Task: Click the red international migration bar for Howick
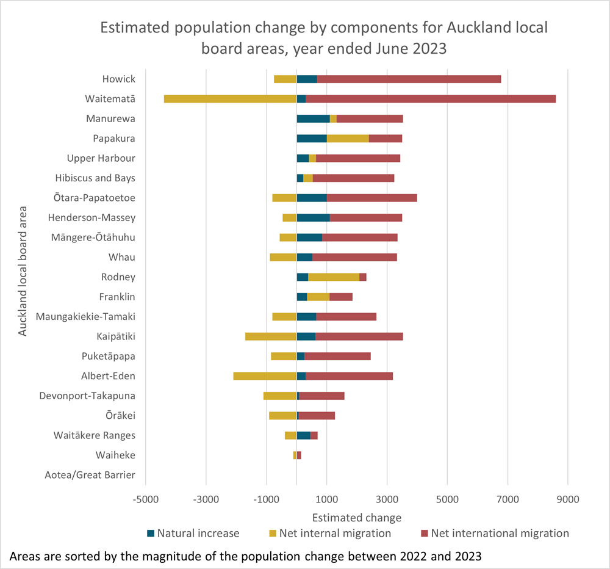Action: click(x=409, y=79)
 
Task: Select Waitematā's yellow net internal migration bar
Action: click(x=230, y=99)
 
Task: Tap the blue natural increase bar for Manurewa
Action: click(x=313, y=118)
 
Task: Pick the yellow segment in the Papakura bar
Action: click(x=348, y=139)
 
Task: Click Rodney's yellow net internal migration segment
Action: click(x=334, y=277)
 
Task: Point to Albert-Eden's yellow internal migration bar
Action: click(x=265, y=376)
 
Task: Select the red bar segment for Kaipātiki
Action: click(x=359, y=336)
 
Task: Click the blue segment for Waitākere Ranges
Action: click(x=303, y=435)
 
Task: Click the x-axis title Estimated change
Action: click(x=357, y=518)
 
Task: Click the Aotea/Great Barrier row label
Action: click(x=90, y=475)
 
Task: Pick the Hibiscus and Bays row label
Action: click(x=95, y=178)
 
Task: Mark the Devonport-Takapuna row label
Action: click(x=87, y=396)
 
